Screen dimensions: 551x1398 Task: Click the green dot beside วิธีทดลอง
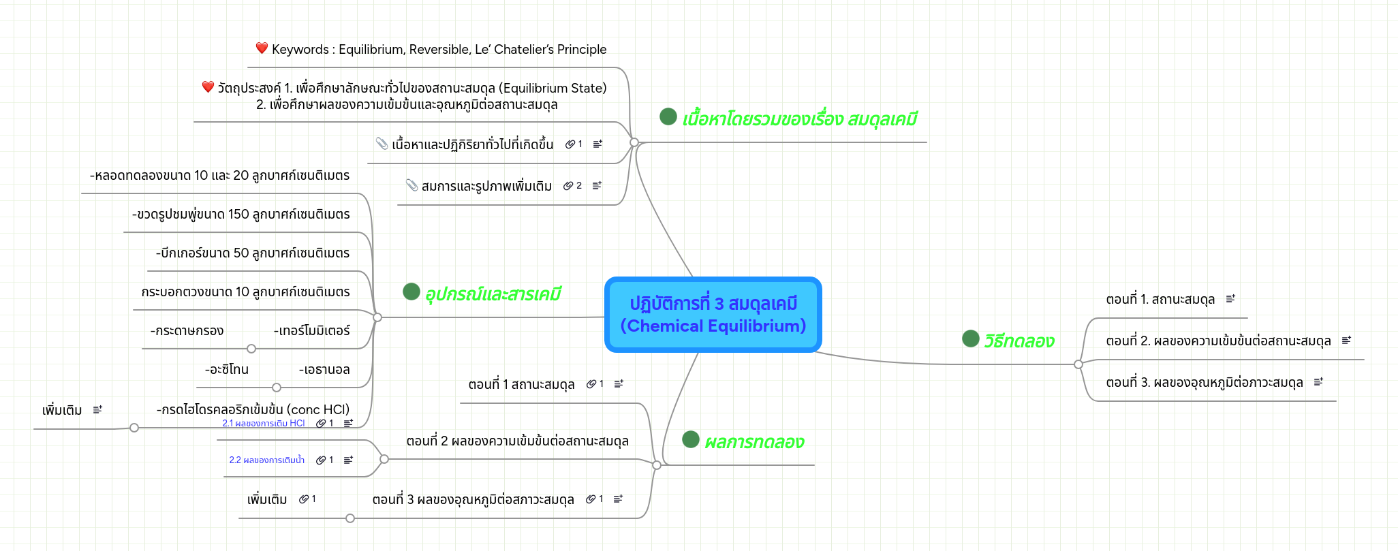tap(970, 339)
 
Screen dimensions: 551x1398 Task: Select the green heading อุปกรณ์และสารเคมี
tap(493, 294)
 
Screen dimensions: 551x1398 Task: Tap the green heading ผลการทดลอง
tap(754, 442)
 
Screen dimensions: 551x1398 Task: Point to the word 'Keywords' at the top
tap(300, 50)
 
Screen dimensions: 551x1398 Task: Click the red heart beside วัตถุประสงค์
tap(208, 87)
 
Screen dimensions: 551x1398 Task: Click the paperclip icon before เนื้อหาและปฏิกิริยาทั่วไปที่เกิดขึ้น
tap(382, 144)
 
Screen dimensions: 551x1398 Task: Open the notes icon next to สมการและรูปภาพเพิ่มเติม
tap(597, 186)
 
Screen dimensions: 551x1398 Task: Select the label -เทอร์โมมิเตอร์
tap(311, 331)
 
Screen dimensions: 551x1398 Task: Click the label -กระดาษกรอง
tap(187, 331)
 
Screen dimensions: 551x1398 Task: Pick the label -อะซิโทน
tap(227, 370)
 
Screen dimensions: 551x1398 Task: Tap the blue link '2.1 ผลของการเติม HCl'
tap(263, 424)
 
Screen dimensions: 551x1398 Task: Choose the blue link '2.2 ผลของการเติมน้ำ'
tap(266, 460)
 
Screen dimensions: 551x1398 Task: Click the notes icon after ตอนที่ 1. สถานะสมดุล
tap(1230, 299)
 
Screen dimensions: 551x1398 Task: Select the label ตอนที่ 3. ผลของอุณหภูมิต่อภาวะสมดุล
tap(1204, 383)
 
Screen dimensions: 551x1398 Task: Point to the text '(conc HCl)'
tap(318, 409)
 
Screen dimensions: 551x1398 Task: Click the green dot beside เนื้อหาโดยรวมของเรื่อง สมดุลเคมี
tap(668, 117)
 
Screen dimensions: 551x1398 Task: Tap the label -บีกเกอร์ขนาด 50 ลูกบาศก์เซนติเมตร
tap(253, 253)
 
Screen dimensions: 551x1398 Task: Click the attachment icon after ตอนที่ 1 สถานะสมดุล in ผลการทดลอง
tap(591, 384)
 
